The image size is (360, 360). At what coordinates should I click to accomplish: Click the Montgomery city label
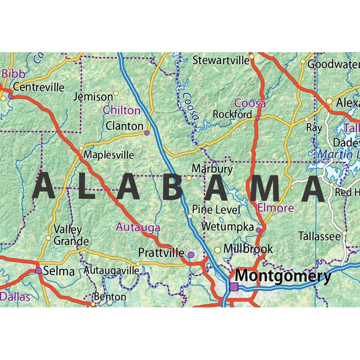[x=283, y=275]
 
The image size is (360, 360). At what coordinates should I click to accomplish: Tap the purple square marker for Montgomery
[x=234, y=287]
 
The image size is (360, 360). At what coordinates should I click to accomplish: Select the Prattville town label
[x=161, y=252]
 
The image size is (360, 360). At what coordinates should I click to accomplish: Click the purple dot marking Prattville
[x=191, y=255]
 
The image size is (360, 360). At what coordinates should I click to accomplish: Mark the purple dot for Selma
[x=39, y=270]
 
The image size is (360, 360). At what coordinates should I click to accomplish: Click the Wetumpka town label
[x=228, y=227]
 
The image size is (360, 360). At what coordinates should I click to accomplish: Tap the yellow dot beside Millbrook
[x=217, y=250]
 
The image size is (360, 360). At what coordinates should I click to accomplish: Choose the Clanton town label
[x=124, y=126]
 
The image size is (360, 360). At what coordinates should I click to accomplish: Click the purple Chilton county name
[x=121, y=110]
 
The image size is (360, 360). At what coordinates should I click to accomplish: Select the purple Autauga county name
[x=138, y=227]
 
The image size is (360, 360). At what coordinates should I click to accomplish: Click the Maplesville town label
[x=109, y=155]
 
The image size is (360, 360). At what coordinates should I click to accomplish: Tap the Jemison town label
[x=93, y=97]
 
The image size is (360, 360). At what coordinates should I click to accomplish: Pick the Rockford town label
[x=232, y=114]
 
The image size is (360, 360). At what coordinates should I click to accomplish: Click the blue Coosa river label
[x=190, y=105]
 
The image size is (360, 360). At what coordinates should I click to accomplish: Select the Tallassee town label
[x=319, y=236]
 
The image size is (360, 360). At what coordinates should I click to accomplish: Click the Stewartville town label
[x=221, y=60]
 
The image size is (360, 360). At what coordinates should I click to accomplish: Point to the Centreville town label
[x=39, y=87]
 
